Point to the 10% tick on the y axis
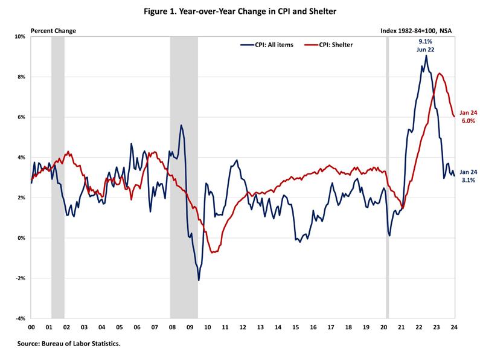20,37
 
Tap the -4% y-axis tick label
19,318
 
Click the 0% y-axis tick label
21,238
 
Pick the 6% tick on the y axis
21,117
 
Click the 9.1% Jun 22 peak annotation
426,45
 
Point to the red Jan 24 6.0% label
469,117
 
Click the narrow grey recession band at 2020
387,181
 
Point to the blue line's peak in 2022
426,56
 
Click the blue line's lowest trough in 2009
199,280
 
